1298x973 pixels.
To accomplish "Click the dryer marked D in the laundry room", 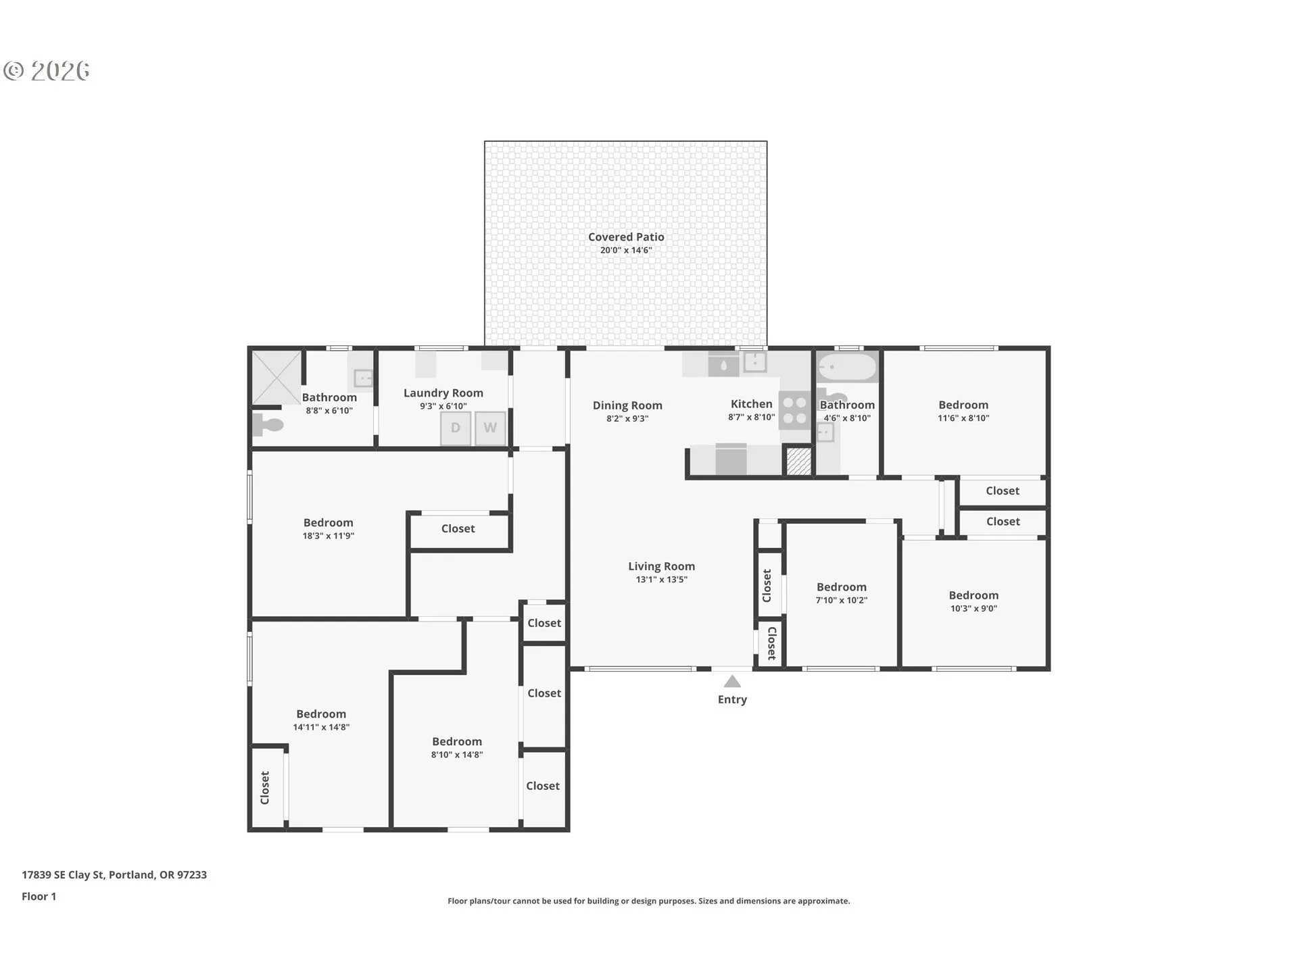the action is pyautogui.click(x=456, y=428).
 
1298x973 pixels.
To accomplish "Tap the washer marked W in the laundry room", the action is pyautogui.click(x=490, y=428).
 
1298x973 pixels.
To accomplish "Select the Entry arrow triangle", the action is pyautogui.click(x=732, y=681).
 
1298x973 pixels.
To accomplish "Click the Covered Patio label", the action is pyautogui.click(x=626, y=237).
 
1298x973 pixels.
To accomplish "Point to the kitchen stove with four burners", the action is pyautogui.click(x=795, y=410).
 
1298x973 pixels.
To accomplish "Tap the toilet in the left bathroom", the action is pyautogui.click(x=268, y=424).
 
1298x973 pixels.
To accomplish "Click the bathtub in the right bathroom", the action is pyautogui.click(x=848, y=368).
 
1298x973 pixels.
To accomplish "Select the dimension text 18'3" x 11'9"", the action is pyautogui.click(x=329, y=537).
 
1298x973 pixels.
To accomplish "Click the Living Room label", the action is pyautogui.click(x=661, y=566).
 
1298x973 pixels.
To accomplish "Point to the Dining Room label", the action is pyautogui.click(x=627, y=405).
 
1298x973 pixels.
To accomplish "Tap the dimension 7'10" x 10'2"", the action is pyautogui.click(x=842, y=601).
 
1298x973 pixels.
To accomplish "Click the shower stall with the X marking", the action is pyautogui.click(x=277, y=377).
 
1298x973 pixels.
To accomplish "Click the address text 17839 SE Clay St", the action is pyautogui.click(x=63, y=874).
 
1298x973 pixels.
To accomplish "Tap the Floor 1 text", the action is pyautogui.click(x=39, y=897).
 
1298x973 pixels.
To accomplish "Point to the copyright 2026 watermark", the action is pyautogui.click(x=47, y=71).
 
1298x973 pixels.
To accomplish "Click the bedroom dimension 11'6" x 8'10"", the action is pyautogui.click(x=963, y=418).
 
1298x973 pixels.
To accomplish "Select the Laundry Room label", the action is pyautogui.click(x=443, y=393).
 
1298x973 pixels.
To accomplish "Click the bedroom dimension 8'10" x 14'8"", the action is pyautogui.click(x=457, y=755).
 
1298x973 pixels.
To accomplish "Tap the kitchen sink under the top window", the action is pyautogui.click(x=754, y=361).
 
